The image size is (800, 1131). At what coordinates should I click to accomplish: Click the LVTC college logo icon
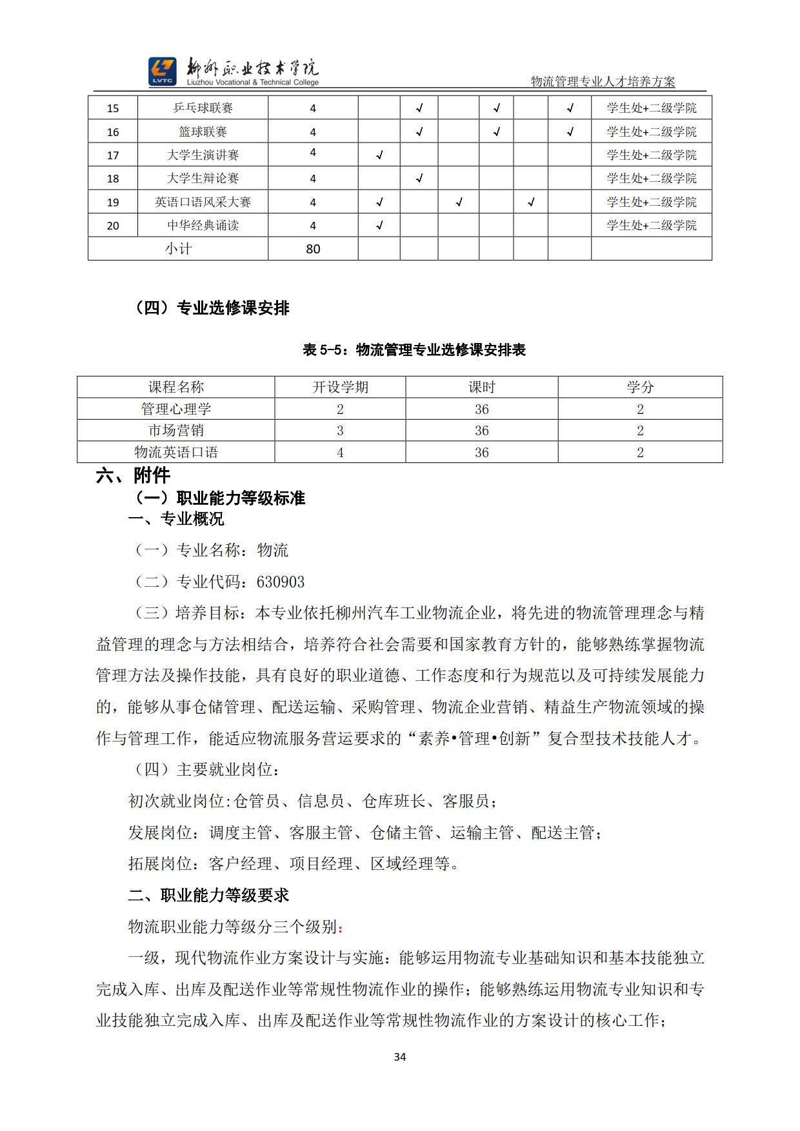pyautogui.click(x=162, y=71)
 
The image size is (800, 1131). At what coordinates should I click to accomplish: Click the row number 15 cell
pyautogui.click(x=113, y=108)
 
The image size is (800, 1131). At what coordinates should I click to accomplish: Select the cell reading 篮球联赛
pyautogui.click(x=203, y=132)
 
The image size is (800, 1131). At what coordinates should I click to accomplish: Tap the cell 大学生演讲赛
pyautogui.click(x=203, y=155)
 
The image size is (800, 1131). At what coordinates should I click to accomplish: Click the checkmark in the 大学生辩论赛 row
pyautogui.click(x=419, y=179)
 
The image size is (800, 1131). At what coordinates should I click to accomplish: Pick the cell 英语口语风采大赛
pyautogui.click(x=203, y=202)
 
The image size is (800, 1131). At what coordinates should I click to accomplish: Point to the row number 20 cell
pyautogui.click(x=113, y=226)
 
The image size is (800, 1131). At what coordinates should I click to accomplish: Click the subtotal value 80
pyautogui.click(x=313, y=249)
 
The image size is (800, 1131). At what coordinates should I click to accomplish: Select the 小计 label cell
pyautogui.click(x=178, y=249)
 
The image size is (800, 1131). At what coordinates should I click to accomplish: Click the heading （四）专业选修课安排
pyautogui.click(x=212, y=308)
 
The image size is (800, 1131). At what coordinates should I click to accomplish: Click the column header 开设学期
pyautogui.click(x=340, y=387)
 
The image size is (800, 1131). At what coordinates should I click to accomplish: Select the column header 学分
pyautogui.click(x=640, y=387)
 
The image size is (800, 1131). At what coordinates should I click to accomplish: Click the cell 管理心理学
pyautogui.click(x=176, y=409)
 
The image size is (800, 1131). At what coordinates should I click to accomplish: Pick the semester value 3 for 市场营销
pyautogui.click(x=340, y=431)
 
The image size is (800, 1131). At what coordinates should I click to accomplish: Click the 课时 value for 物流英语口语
pyautogui.click(x=481, y=453)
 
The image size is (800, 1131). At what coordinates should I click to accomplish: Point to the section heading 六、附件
pyautogui.click(x=133, y=476)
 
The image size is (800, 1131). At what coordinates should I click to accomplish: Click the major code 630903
pyautogui.click(x=281, y=582)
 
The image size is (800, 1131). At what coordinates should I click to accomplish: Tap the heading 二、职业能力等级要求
pyautogui.click(x=208, y=896)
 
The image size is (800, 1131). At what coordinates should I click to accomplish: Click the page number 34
pyautogui.click(x=400, y=1057)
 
